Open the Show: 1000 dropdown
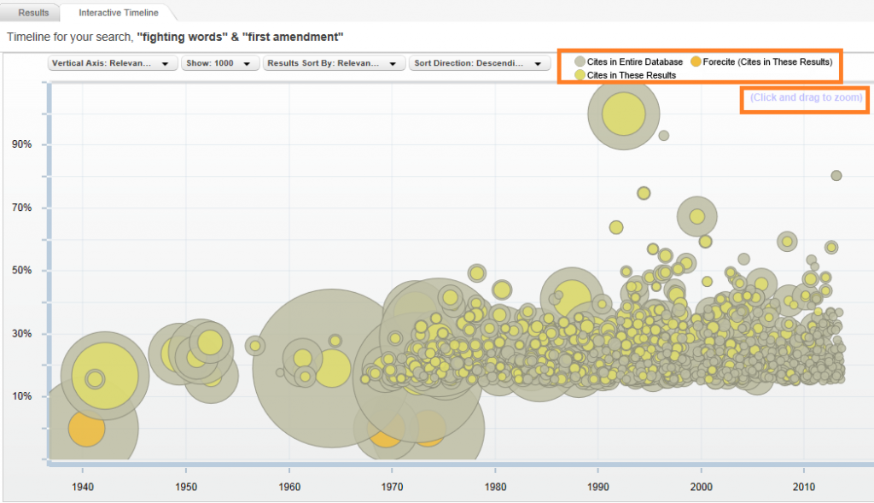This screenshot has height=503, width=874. coord(220,63)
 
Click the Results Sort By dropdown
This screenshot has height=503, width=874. coord(334,63)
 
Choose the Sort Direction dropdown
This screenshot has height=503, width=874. coord(480,63)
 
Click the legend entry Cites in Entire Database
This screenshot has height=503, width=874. coord(628,61)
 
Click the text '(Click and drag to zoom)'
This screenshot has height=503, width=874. coord(807,97)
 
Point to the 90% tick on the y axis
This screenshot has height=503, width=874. coord(22,144)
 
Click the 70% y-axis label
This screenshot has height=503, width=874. coord(22,208)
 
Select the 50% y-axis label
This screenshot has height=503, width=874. coord(22,271)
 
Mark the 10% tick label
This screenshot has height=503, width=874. coord(22,396)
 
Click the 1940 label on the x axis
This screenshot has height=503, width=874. coord(82,487)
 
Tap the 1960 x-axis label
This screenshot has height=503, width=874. coord(288,487)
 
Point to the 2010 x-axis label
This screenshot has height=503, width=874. coord(802,487)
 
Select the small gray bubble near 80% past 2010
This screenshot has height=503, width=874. coord(836,176)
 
